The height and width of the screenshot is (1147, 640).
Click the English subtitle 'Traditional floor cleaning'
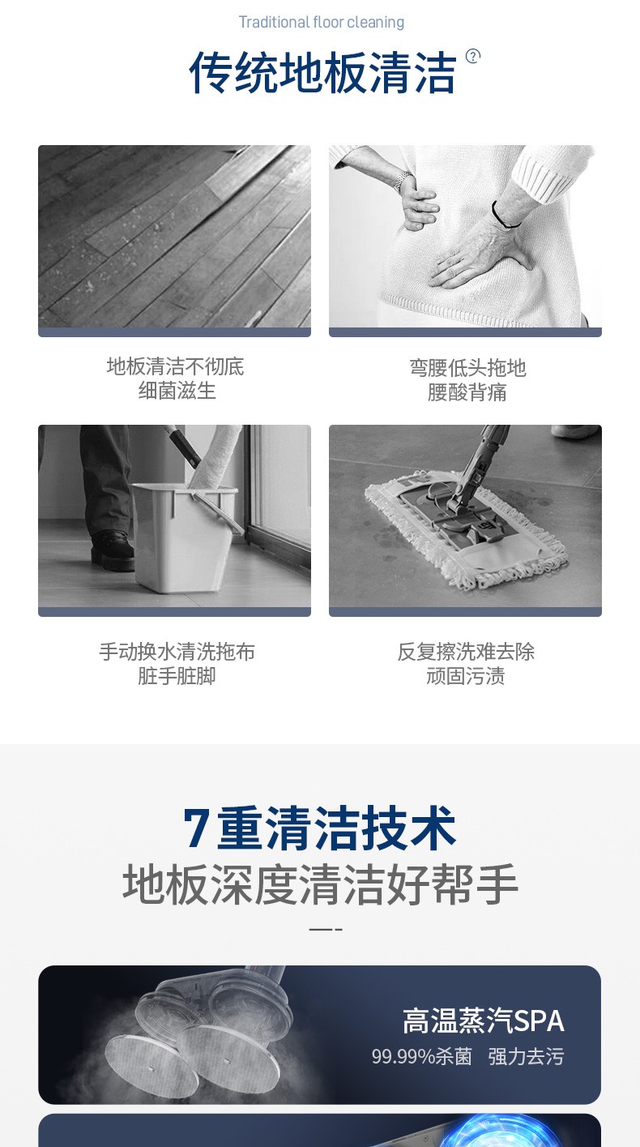coord(322,23)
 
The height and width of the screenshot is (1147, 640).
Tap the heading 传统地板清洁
coord(322,72)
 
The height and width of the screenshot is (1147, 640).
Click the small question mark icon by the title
coord(473,56)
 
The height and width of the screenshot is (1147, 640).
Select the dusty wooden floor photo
coord(174,237)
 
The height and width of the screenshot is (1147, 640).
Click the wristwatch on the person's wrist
coord(403,180)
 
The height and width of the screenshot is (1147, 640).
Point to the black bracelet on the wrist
coord(503,215)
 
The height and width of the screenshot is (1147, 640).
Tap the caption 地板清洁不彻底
coord(176,366)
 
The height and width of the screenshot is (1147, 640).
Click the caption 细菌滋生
coord(177,392)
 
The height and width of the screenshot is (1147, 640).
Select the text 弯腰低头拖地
coord(467,368)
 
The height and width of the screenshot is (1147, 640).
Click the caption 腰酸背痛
coord(467,393)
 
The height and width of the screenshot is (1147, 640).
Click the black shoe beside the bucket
coord(112,550)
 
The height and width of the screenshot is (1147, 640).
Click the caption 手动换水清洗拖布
coord(177,652)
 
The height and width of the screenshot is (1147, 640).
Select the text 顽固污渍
coord(466,676)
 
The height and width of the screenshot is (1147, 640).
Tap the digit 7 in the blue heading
coord(196,828)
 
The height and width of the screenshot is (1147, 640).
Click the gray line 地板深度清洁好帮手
coord(320,884)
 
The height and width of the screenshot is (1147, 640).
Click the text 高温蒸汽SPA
coord(483,1021)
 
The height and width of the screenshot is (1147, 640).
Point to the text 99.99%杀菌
coord(421,1056)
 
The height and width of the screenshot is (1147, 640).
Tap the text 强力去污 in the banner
coord(526,1056)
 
